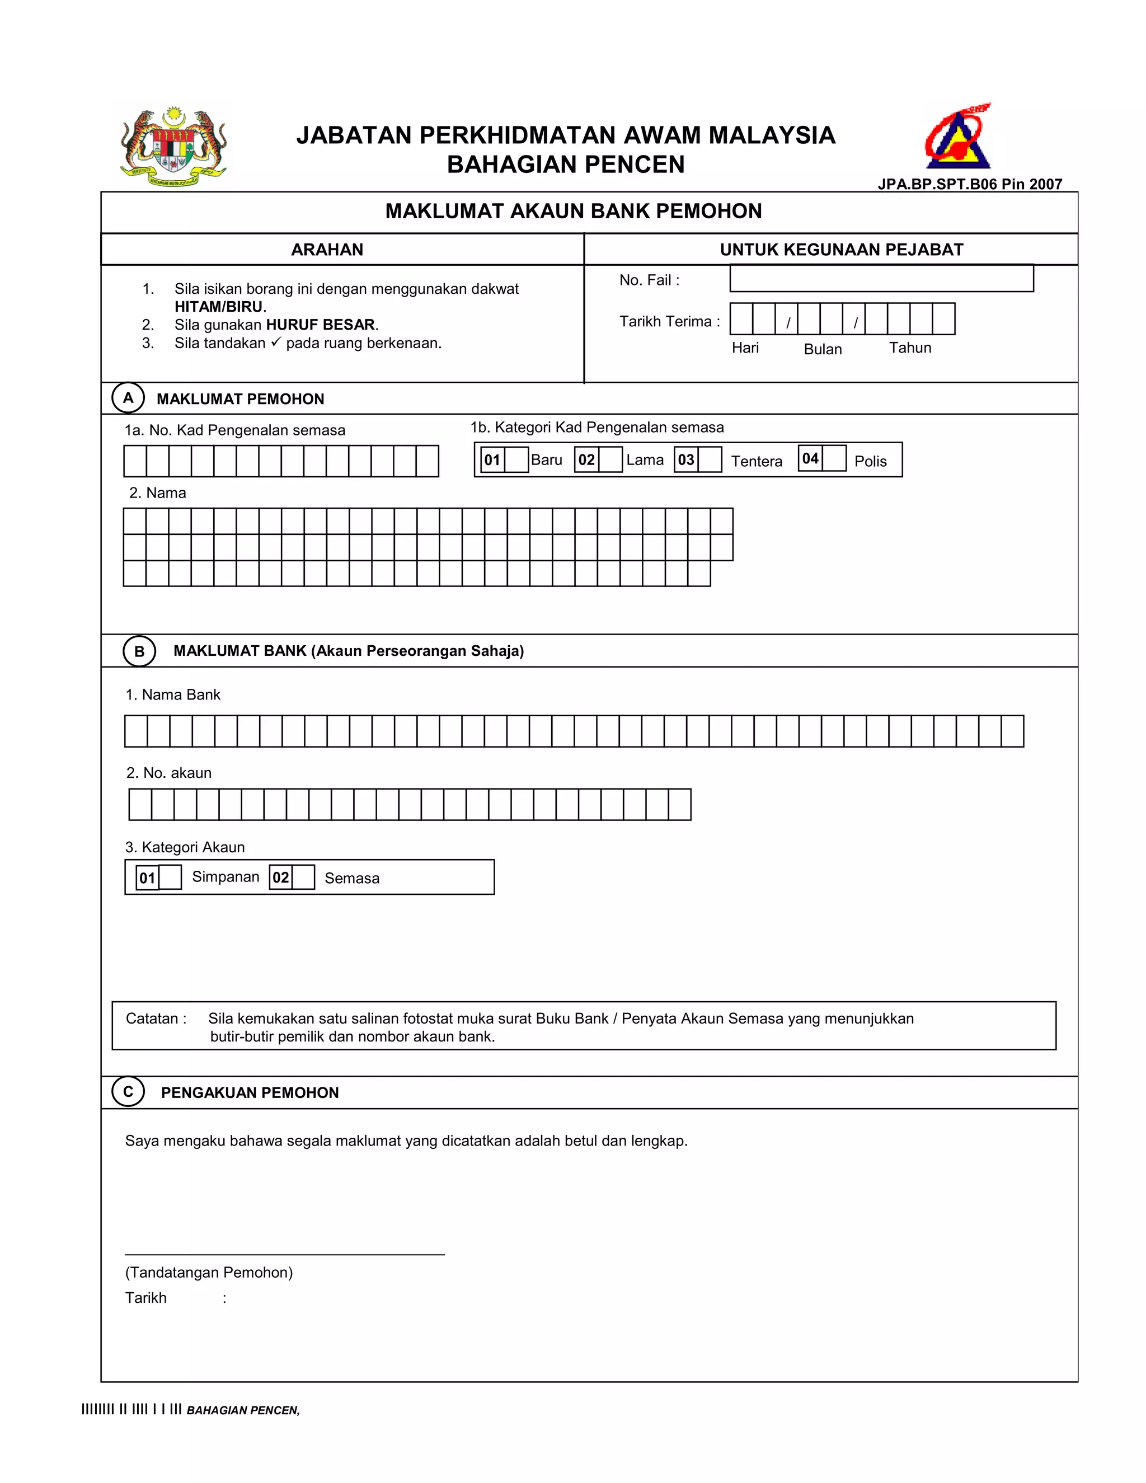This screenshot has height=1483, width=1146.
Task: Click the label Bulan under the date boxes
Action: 822,349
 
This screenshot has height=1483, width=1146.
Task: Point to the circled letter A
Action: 128,398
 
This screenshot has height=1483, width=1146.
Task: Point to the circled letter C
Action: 128,1092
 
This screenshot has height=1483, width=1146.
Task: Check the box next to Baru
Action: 516,459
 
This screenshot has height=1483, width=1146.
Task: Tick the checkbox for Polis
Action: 834,458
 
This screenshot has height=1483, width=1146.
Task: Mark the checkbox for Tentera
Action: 710,459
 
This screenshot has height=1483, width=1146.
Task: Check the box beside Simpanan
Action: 170,877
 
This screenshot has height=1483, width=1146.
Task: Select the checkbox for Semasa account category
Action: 303,877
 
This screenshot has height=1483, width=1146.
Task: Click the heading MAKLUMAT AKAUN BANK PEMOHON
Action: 573,211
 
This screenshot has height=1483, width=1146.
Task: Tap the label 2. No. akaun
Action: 169,773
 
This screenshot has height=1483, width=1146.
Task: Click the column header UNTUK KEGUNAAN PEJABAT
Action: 841,249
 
